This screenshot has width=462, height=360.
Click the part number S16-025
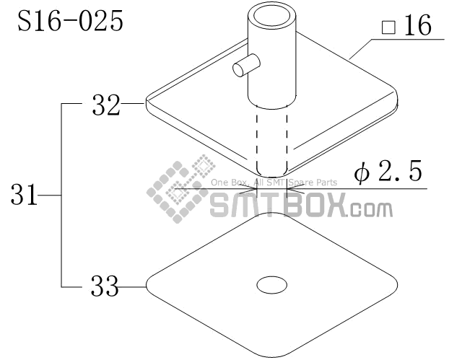[x=70, y=21]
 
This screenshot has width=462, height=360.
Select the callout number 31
[x=25, y=195]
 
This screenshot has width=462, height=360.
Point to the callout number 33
[x=105, y=287]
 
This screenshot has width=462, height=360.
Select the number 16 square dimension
[x=417, y=27]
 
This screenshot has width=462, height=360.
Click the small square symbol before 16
[x=388, y=29]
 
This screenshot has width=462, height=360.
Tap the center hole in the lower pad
[x=272, y=286]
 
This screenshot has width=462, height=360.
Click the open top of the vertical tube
[x=272, y=15]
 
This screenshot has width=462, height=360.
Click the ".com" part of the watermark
[x=370, y=210]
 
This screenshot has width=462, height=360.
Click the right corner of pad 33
[x=396, y=286]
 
